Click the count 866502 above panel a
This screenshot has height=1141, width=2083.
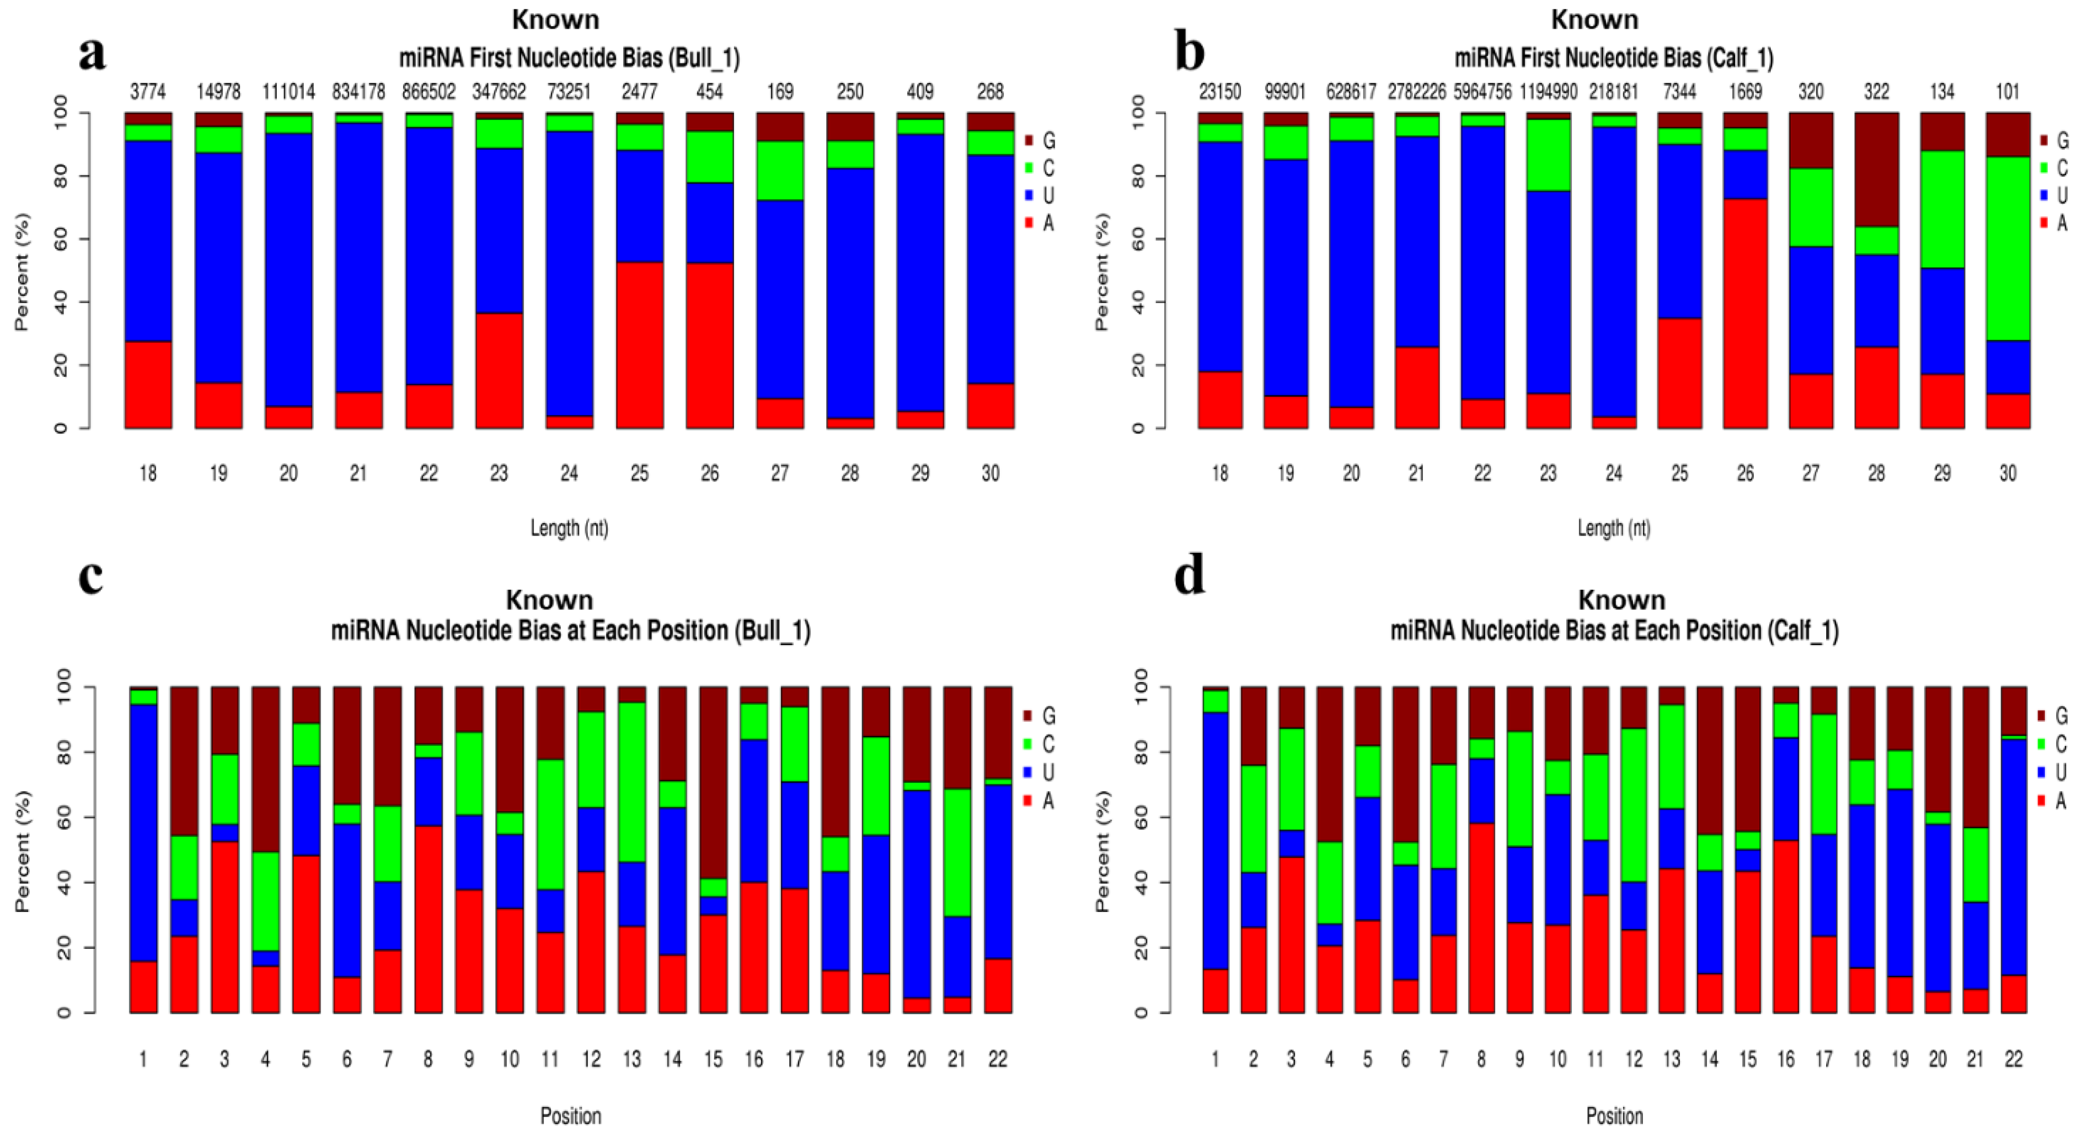click(x=429, y=91)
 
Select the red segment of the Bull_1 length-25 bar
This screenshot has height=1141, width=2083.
click(x=639, y=346)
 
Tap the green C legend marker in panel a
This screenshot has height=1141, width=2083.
click(x=1028, y=168)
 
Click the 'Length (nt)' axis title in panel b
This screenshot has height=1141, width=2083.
click(x=1613, y=528)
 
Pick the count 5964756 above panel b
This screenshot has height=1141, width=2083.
click(x=1482, y=91)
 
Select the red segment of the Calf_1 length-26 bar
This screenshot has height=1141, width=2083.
click(x=1745, y=313)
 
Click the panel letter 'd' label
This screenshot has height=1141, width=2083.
click(x=1189, y=576)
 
